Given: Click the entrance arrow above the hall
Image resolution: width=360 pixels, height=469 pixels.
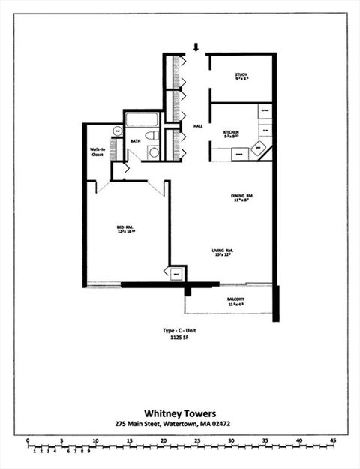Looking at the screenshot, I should point(196,47).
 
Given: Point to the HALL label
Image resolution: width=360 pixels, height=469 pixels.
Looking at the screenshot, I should point(198,126).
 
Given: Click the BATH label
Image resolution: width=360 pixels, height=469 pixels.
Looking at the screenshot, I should point(136,140).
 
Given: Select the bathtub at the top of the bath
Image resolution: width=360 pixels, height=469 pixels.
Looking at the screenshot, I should point(141,119).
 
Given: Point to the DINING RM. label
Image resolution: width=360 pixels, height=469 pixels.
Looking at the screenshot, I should point(242,197).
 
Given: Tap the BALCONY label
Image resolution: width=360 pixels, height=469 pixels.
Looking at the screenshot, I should point(236,300).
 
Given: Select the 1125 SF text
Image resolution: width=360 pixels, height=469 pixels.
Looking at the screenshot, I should point(178,338).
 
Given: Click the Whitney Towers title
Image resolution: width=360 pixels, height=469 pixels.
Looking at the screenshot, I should point(179,413).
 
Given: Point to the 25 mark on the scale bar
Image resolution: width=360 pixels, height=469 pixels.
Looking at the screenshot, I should point(197,440).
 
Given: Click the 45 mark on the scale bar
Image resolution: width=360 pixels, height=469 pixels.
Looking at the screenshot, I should point(333,440).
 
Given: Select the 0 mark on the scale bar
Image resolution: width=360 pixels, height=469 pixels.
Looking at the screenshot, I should point(28,440).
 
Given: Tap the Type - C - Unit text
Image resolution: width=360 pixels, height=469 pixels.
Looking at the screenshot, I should point(178,329).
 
